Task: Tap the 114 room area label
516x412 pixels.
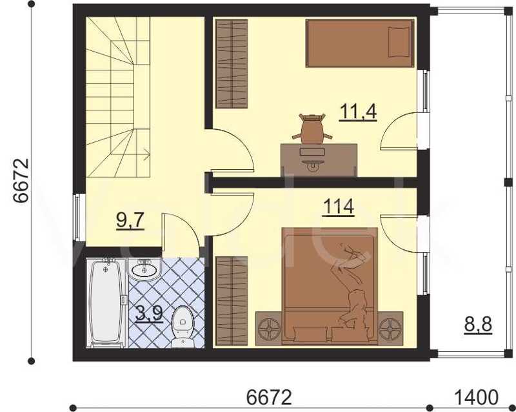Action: tap(339, 207)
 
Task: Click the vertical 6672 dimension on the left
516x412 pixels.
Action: tap(22, 181)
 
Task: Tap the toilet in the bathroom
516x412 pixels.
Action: tap(183, 327)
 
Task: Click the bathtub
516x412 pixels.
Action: tap(106, 303)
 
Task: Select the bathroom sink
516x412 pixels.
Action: tap(144, 270)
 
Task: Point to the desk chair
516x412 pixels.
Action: tap(312, 129)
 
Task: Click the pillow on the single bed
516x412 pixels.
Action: tap(399, 42)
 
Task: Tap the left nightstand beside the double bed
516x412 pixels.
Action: tap(269, 327)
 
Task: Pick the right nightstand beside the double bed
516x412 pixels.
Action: tap(390, 327)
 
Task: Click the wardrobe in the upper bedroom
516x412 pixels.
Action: tap(232, 64)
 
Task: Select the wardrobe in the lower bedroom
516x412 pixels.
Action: tap(232, 301)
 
